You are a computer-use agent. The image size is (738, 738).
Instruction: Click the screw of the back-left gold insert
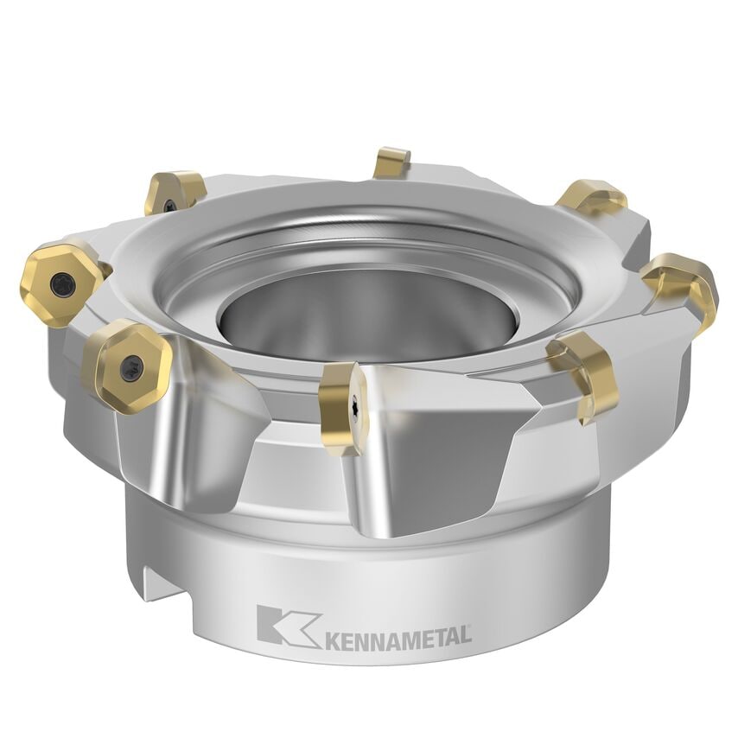(170, 205)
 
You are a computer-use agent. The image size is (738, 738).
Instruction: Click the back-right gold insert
(592, 198)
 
